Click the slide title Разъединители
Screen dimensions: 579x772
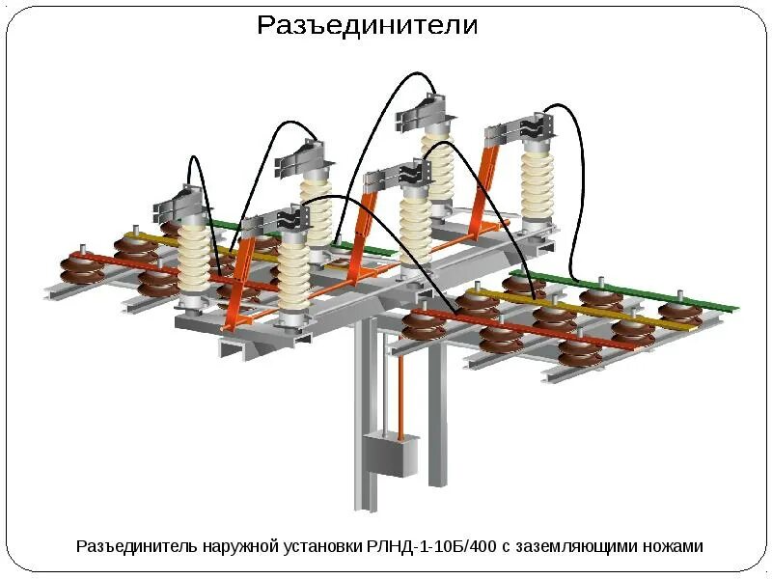pos(367,26)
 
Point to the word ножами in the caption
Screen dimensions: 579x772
pos(674,546)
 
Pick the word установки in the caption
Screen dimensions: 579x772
pos(324,546)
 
